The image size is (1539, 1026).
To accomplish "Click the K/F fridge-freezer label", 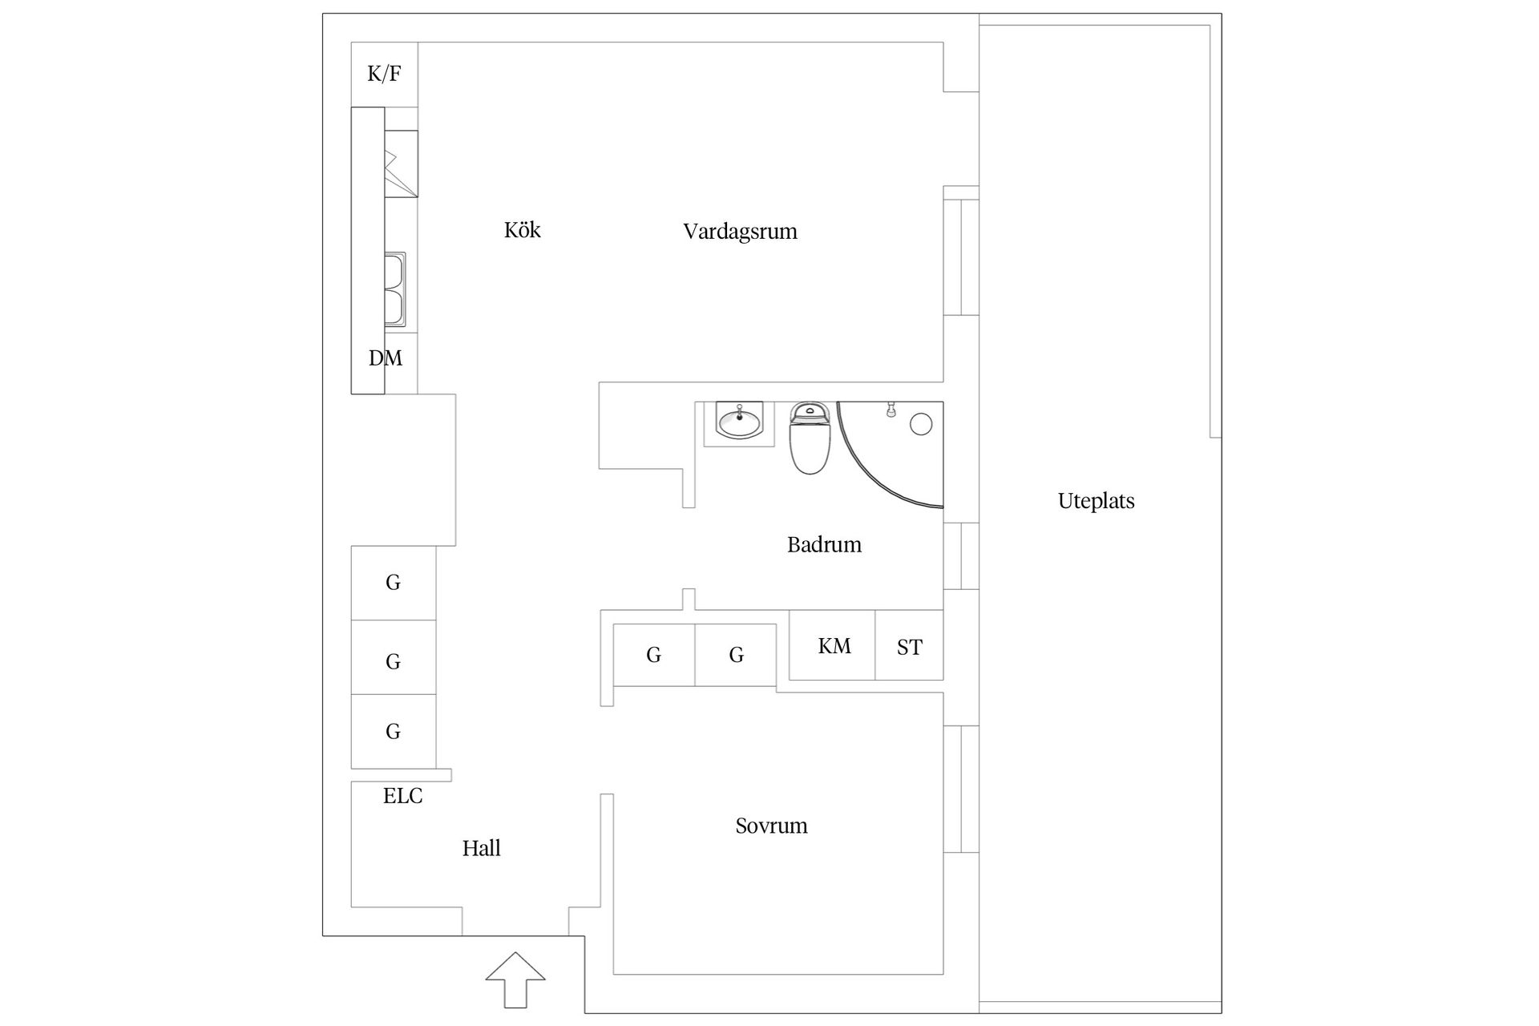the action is (384, 75).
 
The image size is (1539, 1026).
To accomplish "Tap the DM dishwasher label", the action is (385, 358).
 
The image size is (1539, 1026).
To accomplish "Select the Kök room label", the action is (522, 230).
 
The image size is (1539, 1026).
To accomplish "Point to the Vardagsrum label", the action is (740, 232).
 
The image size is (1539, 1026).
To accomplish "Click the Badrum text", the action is (824, 545).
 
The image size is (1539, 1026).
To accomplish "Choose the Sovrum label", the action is (771, 826).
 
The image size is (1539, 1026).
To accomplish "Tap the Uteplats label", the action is (1096, 502).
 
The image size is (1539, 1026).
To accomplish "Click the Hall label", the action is (481, 848).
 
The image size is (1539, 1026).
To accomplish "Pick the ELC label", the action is (402, 796).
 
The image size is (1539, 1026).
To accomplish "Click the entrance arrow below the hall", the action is (515, 980).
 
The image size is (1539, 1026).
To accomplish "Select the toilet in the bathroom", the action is (809, 438).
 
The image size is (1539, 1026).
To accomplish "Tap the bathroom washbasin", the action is (739, 422).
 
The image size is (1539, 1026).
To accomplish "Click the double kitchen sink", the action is (394, 289).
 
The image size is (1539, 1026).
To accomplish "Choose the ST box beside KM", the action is (909, 645).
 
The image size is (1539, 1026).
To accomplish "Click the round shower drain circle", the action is (921, 424).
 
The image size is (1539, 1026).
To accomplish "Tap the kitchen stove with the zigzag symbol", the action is (401, 164).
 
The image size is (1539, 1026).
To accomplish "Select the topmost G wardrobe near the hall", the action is (394, 583).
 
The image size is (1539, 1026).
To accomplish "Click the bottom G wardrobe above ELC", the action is (394, 731).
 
